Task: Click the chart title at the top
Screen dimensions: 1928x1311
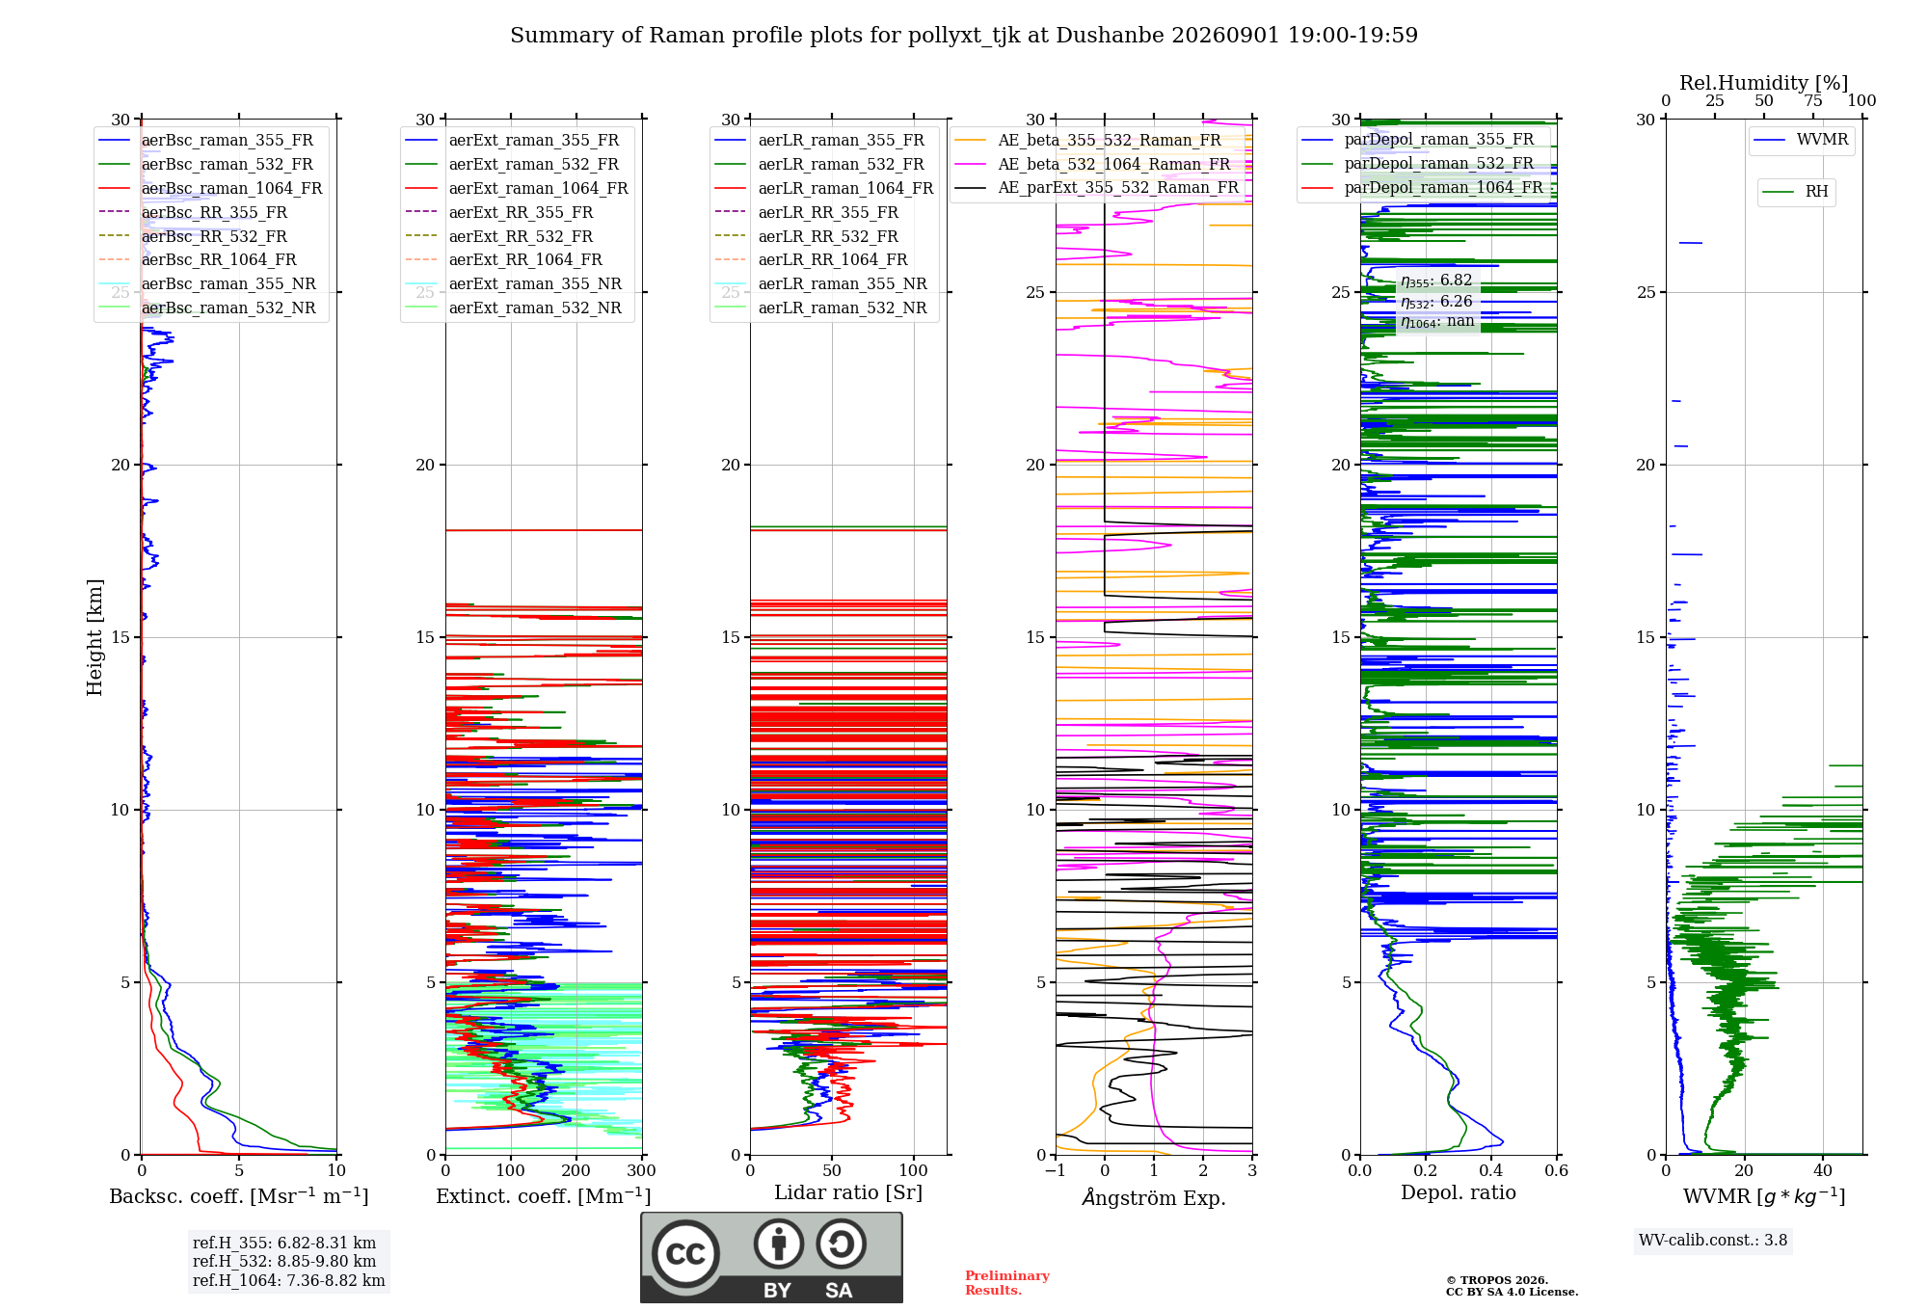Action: pos(964,36)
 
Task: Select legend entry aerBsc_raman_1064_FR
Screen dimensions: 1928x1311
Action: pos(231,188)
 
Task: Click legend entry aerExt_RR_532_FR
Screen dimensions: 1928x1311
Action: pos(521,236)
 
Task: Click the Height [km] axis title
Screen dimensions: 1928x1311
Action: pos(94,637)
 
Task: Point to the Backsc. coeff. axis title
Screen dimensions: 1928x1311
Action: pos(239,1195)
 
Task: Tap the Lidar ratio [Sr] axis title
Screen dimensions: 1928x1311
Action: pos(848,1192)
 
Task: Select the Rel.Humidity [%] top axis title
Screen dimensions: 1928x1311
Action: pos(1764,83)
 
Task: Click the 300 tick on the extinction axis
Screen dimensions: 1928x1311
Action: pos(641,1170)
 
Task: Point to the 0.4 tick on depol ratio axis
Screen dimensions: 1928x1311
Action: pos(1491,1170)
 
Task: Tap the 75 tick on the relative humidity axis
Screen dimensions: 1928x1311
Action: pos(1813,100)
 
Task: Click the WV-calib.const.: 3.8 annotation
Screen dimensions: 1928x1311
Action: pos(1713,1240)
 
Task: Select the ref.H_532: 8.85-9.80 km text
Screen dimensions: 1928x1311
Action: pos(284,1261)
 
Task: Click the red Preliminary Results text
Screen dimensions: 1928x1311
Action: pos(1007,1282)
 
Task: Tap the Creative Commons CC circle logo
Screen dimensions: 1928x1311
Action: pos(685,1253)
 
